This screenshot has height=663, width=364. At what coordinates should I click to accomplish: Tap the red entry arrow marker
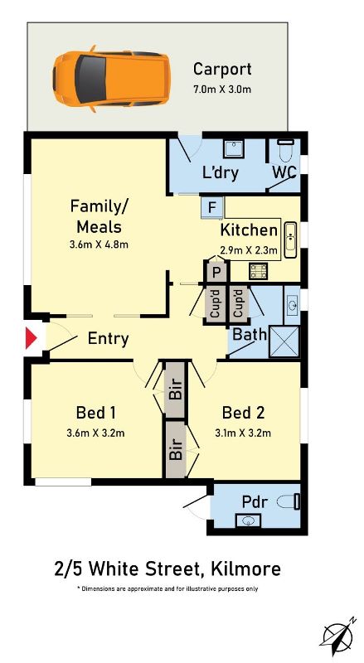(x=32, y=338)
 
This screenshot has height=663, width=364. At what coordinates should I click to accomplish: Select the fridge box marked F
(x=212, y=207)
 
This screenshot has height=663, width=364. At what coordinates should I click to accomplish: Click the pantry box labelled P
(x=216, y=272)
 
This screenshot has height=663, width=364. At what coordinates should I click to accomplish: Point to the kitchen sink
(x=291, y=240)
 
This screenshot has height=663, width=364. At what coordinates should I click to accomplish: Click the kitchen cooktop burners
(x=259, y=271)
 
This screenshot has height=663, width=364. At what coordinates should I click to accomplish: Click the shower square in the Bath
(x=284, y=341)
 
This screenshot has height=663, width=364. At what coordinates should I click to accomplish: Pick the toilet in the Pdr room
(x=289, y=502)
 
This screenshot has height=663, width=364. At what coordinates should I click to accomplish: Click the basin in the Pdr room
(x=248, y=520)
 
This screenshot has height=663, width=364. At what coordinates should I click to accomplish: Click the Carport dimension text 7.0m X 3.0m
(x=221, y=90)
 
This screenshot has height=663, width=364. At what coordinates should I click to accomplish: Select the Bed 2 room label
(x=243, y=412)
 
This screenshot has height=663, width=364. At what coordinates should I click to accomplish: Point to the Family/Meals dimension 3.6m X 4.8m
(x=99, y=244)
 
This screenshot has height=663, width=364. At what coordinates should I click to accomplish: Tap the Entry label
(x=108, y=339)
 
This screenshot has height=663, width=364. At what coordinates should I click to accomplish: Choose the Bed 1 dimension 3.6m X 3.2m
(x=95, y=433)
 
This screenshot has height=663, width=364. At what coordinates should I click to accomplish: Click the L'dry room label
(x=221, y=172)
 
